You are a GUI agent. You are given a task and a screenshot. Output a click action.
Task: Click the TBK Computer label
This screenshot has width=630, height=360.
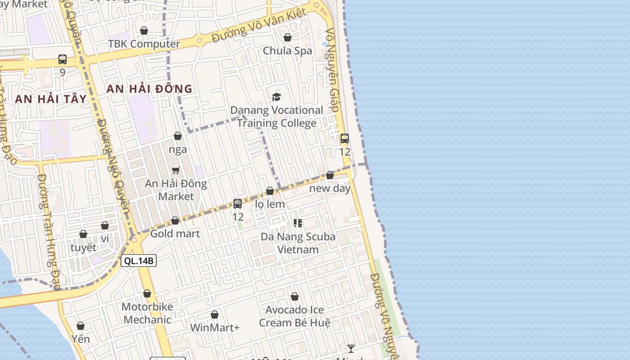144,44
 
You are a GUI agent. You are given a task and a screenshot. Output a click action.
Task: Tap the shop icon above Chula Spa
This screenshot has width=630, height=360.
288,37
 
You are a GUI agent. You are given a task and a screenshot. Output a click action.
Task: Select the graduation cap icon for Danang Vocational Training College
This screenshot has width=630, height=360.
276,97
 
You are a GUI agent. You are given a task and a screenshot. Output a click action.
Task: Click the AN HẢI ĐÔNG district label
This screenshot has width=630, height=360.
149,89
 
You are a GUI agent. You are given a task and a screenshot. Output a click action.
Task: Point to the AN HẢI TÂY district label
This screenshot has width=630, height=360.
50,99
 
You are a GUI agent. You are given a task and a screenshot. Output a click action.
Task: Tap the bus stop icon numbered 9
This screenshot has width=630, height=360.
63,59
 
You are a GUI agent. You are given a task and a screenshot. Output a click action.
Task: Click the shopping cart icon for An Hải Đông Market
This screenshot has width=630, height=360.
176,170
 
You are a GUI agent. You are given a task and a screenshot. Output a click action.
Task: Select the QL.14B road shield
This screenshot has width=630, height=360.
139,261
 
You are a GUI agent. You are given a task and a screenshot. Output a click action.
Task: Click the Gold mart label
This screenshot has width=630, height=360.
175,234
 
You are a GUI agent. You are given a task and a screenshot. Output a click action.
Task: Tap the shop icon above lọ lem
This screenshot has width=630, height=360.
270,191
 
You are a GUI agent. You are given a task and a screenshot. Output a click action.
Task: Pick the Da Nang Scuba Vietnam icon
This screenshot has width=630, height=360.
297,223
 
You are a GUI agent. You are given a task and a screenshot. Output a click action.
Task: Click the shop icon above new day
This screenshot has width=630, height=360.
330,175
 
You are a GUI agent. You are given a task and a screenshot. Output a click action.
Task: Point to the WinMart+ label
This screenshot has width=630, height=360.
215,328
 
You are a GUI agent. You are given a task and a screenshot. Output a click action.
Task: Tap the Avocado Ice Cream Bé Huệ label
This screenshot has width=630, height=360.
295,316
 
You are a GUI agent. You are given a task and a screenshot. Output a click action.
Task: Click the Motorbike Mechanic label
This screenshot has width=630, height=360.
147,313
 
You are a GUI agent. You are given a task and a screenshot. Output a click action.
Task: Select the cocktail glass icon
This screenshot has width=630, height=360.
351,348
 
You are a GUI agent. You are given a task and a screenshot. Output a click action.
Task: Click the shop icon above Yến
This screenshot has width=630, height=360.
81,326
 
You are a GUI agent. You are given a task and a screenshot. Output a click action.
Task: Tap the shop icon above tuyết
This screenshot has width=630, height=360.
83,234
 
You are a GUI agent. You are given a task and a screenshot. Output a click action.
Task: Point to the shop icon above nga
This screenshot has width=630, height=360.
178,136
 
